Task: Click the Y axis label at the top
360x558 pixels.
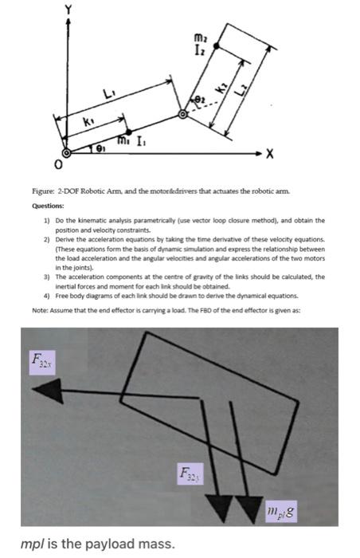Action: click(x=68, y=9)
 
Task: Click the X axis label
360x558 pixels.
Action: click(x=270, y=154)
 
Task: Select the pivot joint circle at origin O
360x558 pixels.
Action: click(x=66, y=153)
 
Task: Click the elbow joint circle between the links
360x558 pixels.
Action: click(x=182, y=114)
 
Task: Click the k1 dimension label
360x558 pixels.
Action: click(x=87, y=123)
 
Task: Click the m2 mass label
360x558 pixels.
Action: click(x=199, y=37)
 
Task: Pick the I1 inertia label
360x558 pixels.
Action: click(x=141, y=143)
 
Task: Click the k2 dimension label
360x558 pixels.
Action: click(x=223, y=88)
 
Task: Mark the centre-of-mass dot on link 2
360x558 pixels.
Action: click(x=216, y=45)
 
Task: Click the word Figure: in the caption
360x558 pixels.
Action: click(x=43, y=191)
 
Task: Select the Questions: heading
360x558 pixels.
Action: click(x=49, y=206)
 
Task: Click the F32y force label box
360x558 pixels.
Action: click(x=190, y=474)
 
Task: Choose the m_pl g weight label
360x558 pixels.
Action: click(x=281, y=512)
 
